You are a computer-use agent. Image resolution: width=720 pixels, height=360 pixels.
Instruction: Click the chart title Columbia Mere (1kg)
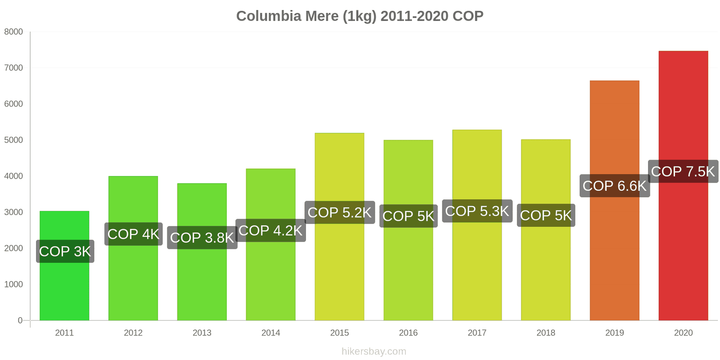(360, 16)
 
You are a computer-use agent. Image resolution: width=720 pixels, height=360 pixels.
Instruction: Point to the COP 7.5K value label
(683, 171)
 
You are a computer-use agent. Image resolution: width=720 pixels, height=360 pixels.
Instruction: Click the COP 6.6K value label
(614, 186)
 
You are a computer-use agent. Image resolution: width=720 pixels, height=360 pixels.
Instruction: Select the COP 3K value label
(65, 251)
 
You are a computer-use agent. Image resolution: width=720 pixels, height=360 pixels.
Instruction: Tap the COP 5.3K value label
(477, 211)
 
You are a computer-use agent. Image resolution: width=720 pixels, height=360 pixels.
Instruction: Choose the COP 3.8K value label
(202, 238)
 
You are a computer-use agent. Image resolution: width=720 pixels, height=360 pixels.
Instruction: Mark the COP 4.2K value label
(270, 230)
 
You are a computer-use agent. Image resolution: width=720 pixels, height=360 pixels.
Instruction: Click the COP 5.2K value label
(340, 212)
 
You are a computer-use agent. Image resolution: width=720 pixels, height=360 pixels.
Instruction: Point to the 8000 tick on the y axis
(13, 32)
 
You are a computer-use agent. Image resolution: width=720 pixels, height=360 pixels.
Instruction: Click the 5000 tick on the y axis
(13, 140)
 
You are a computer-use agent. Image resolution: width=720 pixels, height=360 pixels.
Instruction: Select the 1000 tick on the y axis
(13, 284)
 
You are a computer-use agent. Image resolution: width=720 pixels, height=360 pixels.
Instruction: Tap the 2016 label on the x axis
(408, 333)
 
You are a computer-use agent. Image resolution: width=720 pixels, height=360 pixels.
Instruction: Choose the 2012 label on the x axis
(133, 333)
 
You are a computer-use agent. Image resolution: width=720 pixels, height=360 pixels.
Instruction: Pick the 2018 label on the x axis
(546, 333)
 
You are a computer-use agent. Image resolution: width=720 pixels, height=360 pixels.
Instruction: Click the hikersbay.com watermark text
(373, 351)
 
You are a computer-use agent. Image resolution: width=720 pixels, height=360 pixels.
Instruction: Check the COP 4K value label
(133, 234)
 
